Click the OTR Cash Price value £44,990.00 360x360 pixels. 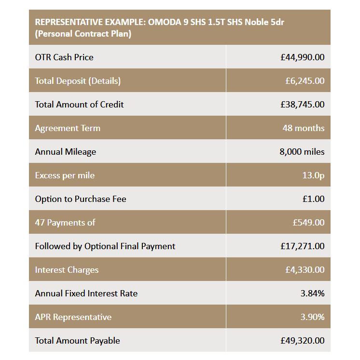coord(302,57)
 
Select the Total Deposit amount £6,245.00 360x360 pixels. coord(305,81)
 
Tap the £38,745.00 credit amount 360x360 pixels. coord(302,105)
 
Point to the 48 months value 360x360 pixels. coord(303,128)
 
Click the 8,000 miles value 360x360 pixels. coord(302,152)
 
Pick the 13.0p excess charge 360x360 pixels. coord(313,175)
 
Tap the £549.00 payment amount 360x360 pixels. coord(308,223)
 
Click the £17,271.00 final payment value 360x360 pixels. coord(302,246)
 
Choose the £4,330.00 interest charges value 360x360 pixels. coord(305,270)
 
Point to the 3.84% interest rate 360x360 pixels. coord(312,293)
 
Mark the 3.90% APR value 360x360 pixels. coord(312,317)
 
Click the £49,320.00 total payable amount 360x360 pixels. coord(302,341)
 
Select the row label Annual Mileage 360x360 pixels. coord(65,152)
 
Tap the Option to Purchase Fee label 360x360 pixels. coord(80,199)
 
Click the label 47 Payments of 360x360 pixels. coord(65,223)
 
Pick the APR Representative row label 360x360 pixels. coord(73,317)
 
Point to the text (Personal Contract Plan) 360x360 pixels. coord(83,34)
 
